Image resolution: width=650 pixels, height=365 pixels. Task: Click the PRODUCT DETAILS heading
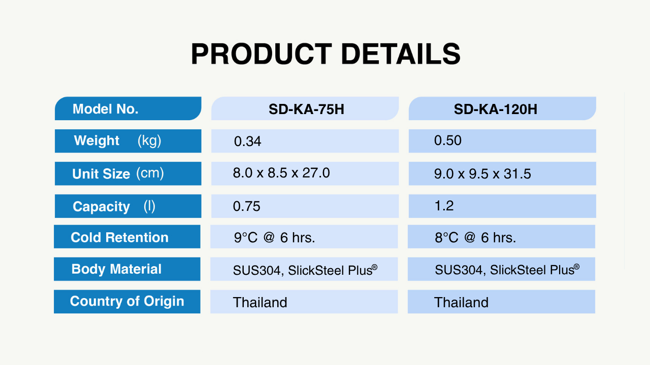pos(326,54)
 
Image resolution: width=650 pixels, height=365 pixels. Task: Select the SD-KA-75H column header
pos(306,109)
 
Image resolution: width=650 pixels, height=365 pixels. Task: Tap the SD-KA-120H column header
pos(496,109)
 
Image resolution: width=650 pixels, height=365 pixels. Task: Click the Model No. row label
pos(105,109)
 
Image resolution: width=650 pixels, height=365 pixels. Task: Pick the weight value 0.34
pos(247,141)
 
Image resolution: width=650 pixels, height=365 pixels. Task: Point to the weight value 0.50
pos(448,140)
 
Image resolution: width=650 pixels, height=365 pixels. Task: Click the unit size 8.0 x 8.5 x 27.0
pos(281,173)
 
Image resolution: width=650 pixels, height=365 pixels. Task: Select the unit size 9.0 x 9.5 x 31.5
pos(482,174)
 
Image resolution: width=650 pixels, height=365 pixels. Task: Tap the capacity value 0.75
pos(247,206)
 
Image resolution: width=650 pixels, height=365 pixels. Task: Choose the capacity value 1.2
pos(444,206)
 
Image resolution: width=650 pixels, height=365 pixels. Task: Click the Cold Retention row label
pos(119,237)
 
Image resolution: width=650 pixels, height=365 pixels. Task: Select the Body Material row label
pos(116,269)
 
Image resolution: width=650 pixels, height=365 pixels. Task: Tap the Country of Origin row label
pos(127,301)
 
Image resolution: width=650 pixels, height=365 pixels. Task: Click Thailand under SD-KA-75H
pos(260,303)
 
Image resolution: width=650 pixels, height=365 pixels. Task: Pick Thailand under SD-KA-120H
pos(462,303)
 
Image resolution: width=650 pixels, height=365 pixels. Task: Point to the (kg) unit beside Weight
pos(149,141)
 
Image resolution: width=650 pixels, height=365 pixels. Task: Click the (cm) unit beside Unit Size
pos(150,173)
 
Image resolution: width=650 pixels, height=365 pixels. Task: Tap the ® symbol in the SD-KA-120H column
pos(576,267)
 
